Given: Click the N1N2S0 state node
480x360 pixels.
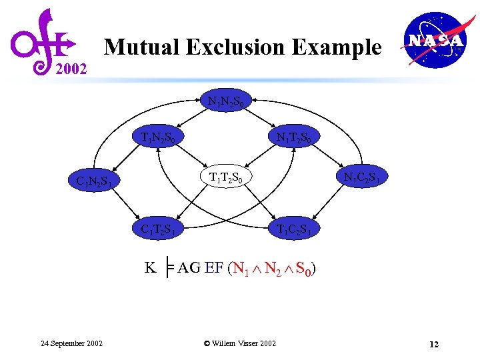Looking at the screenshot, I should click(230, 103).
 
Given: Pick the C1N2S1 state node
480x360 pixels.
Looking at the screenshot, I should click(97, 180).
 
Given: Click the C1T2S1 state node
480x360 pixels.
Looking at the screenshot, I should click(163, 229).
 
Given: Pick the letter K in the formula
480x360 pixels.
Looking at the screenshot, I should click(151, 268).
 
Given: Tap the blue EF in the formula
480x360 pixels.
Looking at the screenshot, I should click(214, 268).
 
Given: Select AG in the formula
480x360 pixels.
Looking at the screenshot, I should click(189, 268).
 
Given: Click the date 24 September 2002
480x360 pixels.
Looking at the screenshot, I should click(71, 343).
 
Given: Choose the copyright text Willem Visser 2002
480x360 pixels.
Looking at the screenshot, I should click(239, 343).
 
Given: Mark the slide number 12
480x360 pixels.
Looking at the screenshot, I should click(434, 344).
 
